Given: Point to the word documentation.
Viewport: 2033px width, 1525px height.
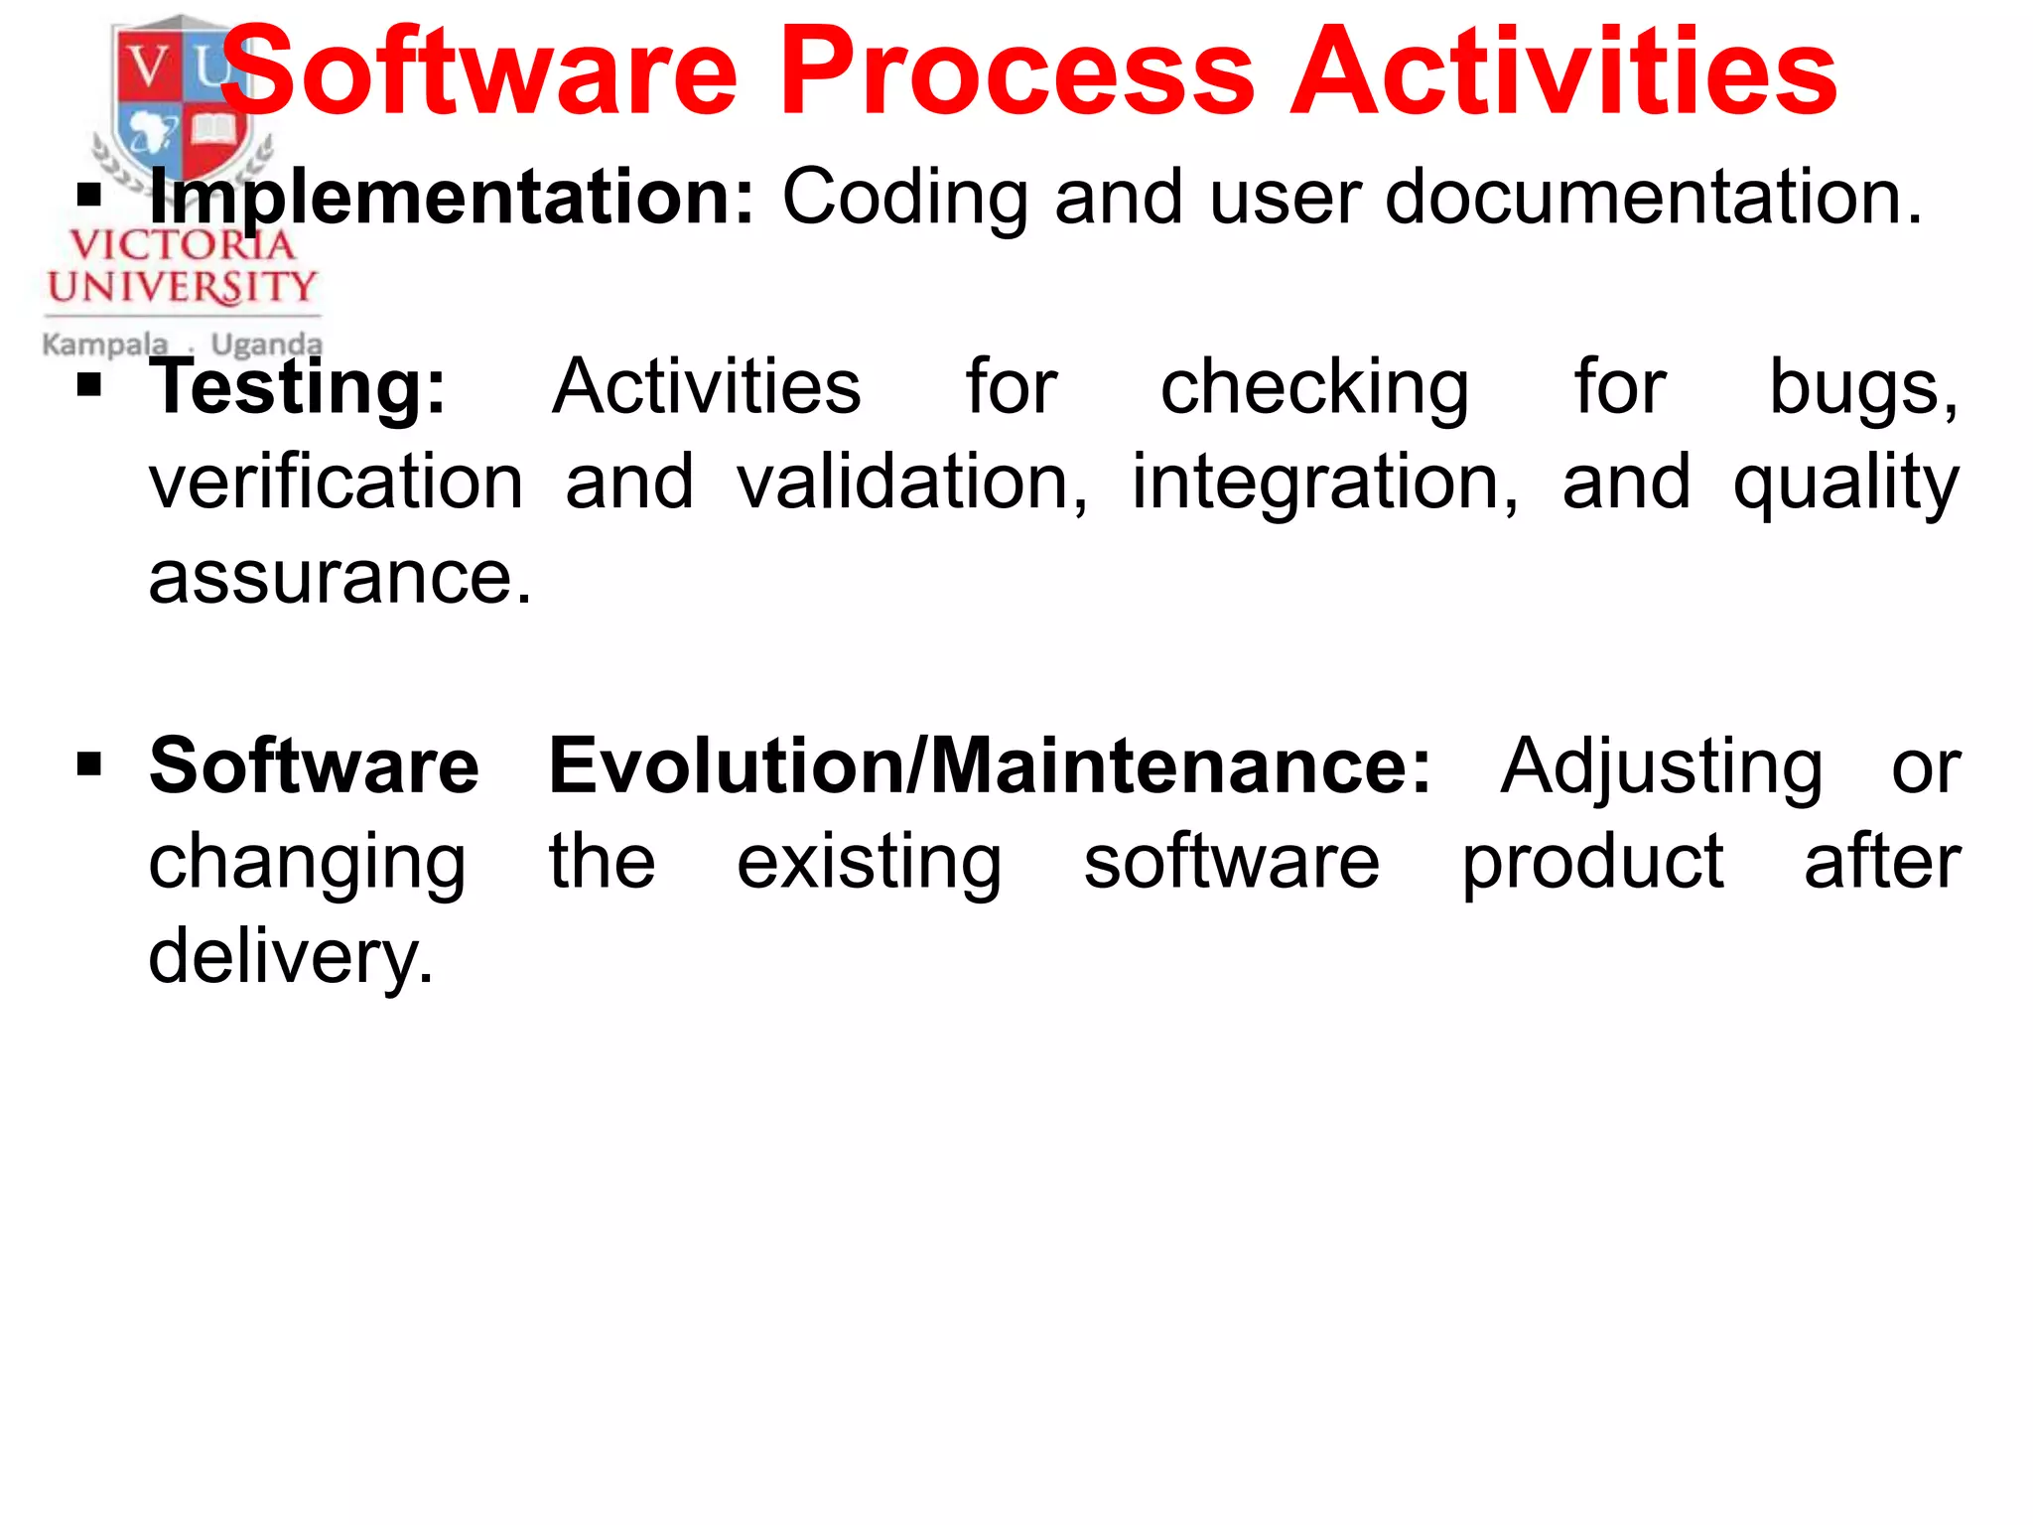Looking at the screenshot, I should [x=1654, y=197].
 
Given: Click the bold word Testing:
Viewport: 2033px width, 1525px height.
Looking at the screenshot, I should [x=298, y=387].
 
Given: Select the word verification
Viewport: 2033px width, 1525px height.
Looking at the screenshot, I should [x=336, y=482].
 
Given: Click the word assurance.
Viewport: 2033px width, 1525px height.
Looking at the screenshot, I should [x=339, y=577].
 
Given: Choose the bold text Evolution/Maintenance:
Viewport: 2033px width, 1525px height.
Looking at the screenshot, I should [x=990, y=766].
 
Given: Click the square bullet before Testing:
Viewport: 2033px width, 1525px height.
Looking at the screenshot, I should [x=89, y=384].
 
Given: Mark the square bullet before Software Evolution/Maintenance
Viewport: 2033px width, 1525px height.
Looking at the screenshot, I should [x=89, y=763].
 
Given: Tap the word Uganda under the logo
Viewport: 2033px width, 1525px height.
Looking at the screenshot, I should [x=266, y=345].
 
